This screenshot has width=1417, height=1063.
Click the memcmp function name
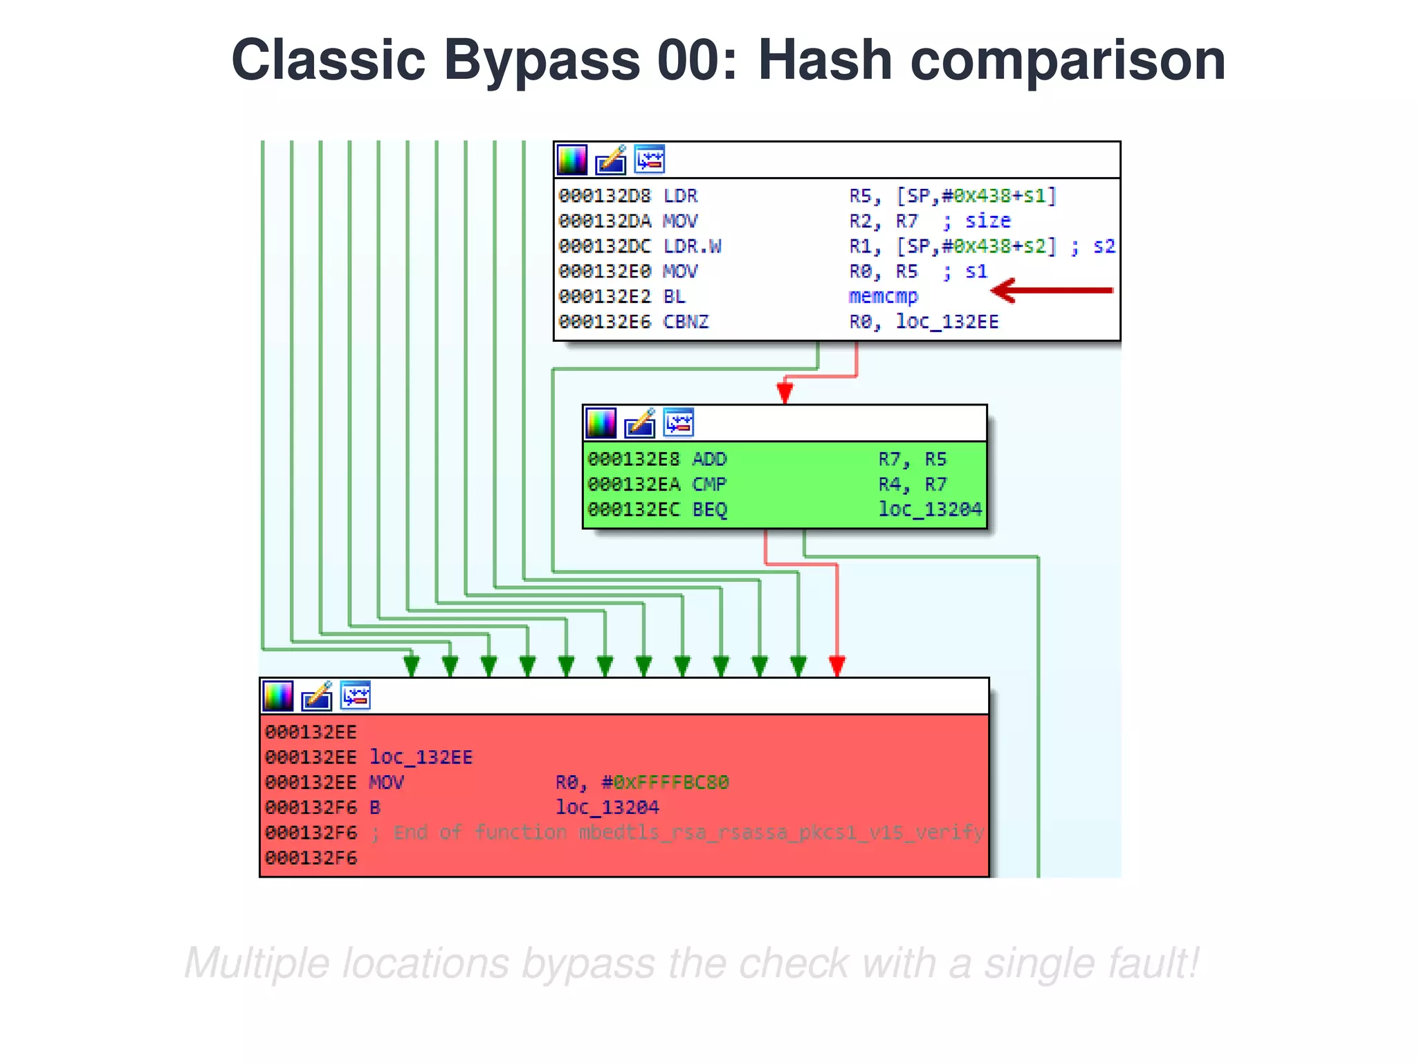883,297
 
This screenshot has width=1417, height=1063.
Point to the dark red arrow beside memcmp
1051,291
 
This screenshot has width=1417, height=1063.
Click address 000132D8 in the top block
605,196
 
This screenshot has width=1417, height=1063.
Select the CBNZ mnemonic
686,322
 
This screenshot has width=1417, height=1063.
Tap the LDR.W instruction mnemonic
692,246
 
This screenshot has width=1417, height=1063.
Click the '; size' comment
977,221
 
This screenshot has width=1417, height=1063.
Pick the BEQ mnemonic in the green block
709,510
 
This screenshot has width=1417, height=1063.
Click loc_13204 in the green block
930,510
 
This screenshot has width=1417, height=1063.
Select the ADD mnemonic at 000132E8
709,460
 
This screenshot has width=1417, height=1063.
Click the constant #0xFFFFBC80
665,783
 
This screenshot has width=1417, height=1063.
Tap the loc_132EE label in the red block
421,757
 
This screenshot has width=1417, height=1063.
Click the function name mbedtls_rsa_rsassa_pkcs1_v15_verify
781,833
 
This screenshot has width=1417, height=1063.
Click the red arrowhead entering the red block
837,666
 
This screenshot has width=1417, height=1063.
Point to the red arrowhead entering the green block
785,392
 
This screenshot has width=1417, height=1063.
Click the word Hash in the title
825,60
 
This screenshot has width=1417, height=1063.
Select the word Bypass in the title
541,60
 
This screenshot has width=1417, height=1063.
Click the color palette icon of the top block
572,160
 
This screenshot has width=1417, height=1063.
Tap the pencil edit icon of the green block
639,423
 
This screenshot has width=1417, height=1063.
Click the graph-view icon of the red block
356,696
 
